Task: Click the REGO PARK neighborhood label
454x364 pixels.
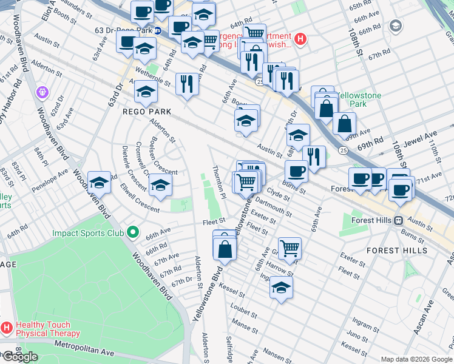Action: (147, 112)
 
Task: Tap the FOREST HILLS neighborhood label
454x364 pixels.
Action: (397, 250)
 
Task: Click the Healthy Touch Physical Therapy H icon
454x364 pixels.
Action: (7, 328)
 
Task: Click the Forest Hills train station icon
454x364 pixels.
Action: (399, 221)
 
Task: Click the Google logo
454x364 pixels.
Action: (20, 357)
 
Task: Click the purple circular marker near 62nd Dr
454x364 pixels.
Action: (41, 92)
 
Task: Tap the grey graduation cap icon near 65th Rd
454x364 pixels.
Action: (396, 25)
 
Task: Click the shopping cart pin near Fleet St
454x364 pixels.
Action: (290, 247)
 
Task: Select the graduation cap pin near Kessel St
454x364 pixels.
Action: (281, 288)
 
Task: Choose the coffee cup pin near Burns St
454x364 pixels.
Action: (296, 170)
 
